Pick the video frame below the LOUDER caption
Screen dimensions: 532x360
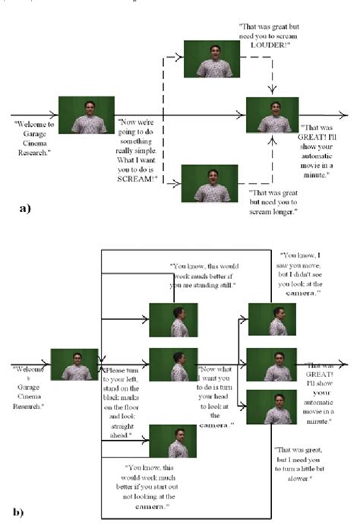pyautogui.click(x=207, y=60)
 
